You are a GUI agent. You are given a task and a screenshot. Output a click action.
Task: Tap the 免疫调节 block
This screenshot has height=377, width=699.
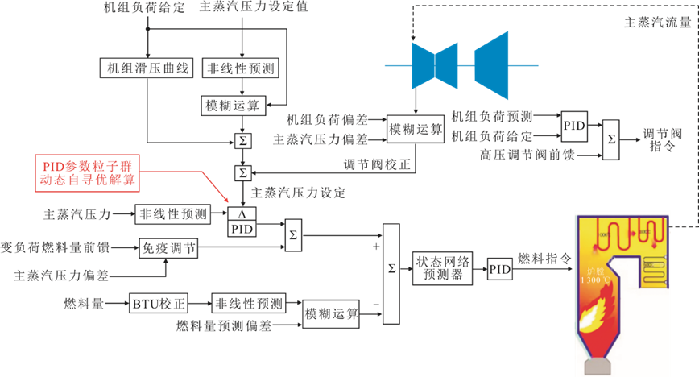point(168,248)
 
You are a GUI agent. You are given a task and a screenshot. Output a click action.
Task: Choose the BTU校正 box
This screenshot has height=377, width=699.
point(159,304)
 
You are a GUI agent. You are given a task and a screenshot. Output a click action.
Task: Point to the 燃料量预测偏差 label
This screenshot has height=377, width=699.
point(225,326)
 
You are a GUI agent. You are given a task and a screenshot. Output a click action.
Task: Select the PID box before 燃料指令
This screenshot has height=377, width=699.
point(500,270)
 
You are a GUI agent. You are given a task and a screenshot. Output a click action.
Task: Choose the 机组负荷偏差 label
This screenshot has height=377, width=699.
point(327,120)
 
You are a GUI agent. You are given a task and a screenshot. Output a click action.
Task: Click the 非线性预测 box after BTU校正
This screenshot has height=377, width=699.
point(248,304)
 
